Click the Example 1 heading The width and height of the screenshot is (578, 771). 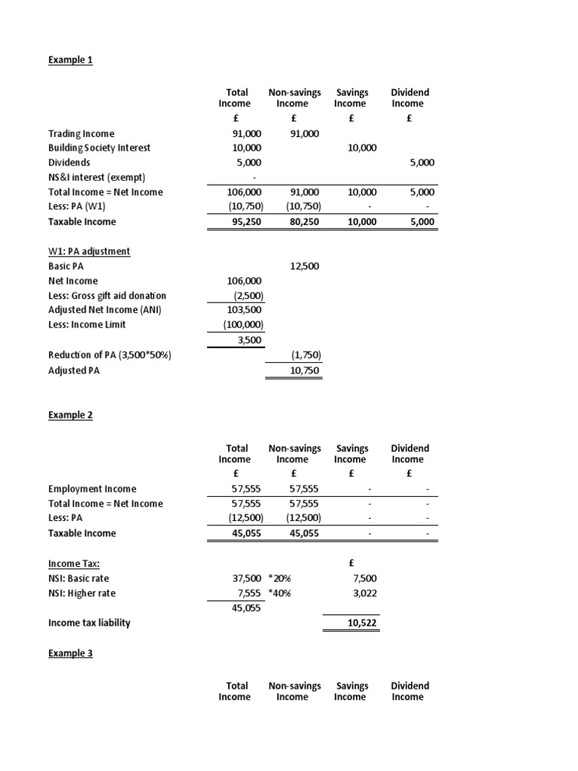click(70, 59)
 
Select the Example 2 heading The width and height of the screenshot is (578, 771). click(70, 415)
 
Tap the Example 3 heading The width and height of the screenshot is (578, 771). click(70, 654)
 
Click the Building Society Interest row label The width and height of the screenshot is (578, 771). click(99, 148)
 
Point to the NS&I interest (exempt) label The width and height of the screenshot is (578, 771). click(95, 177)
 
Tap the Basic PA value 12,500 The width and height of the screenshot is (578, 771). click(305, 266)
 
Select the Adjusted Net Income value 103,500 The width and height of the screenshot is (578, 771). click(245, 310)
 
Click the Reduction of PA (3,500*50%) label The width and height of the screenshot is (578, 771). click(110, 355)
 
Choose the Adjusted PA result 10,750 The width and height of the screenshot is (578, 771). click(305, 370)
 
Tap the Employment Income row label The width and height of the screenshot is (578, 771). click(92, 489)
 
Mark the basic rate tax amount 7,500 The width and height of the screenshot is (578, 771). click(364, 577)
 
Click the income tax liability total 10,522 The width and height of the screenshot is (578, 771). click(362, 623)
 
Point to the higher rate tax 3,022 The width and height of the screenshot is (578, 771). click(364, 593)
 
